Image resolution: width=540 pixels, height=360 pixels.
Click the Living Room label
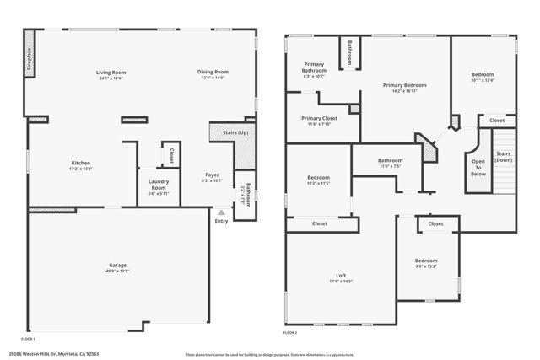coord(111,73)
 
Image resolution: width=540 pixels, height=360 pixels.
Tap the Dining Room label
coord(213,73)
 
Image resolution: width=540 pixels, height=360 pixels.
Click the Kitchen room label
coord(81,163)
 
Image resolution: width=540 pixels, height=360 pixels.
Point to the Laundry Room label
coord(159,184)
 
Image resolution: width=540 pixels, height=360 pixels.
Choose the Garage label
coord(117,265)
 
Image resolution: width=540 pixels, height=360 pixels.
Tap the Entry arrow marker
coord(221,212)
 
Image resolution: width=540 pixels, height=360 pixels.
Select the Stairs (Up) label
coord(235,133)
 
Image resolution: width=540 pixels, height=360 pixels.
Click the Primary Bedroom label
coord(404,85)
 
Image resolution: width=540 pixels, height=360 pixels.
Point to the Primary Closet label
coord(319,118)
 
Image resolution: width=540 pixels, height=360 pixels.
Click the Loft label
coord(341,276)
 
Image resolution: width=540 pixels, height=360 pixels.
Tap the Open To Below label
coord(478,167)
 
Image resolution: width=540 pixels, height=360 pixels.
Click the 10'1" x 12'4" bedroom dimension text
coord(483,80)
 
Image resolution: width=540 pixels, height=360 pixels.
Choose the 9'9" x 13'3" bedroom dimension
coord(426,266)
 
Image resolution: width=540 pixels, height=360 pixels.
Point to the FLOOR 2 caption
coord(291,334)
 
